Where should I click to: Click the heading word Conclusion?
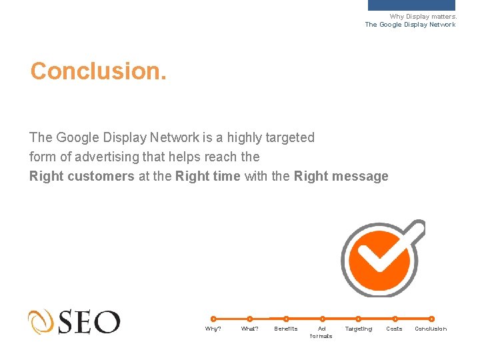pyautogui.click(x=98, y=71)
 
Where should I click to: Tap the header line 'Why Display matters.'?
pyautogui.click(x=423, y=17)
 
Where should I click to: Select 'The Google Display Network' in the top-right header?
pyautogui.click(x=410, y=25)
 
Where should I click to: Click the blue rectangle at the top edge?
pyautogui.click(x=411, y=5)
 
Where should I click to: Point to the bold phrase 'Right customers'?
pyautogui.click(x=82, y=177)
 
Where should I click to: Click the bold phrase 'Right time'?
pyautogui.click(x=207, y=177)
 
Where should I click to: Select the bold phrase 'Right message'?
pyautogui.click(x=341, y=177)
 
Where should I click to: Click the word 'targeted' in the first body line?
pyautogui.click(x=289, y=138)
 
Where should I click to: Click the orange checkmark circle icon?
pyautogui.click(x=379, y=258)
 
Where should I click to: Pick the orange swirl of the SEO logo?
pyautogui.click(x=41, y=322)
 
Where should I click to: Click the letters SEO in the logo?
pyautogui.click(x=89, y=322)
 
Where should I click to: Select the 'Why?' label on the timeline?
pyautogui.click(x=213, y=329)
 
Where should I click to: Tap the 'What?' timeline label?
pyautogui.click(x=249, y=329)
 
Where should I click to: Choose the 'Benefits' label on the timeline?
pyautogui.click(x=286, y=329)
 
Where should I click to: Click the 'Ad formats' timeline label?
pyautogui.click(x=321, y=332)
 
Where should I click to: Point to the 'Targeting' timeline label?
pyautogui.click(x=359, y=329)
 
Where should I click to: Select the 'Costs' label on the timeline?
pyautogui.click(x=395, y=329)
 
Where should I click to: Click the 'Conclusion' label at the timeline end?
pyautogui.click(x=431, y=329)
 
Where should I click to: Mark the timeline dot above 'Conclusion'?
pyautogui.click(x=431, y=319)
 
